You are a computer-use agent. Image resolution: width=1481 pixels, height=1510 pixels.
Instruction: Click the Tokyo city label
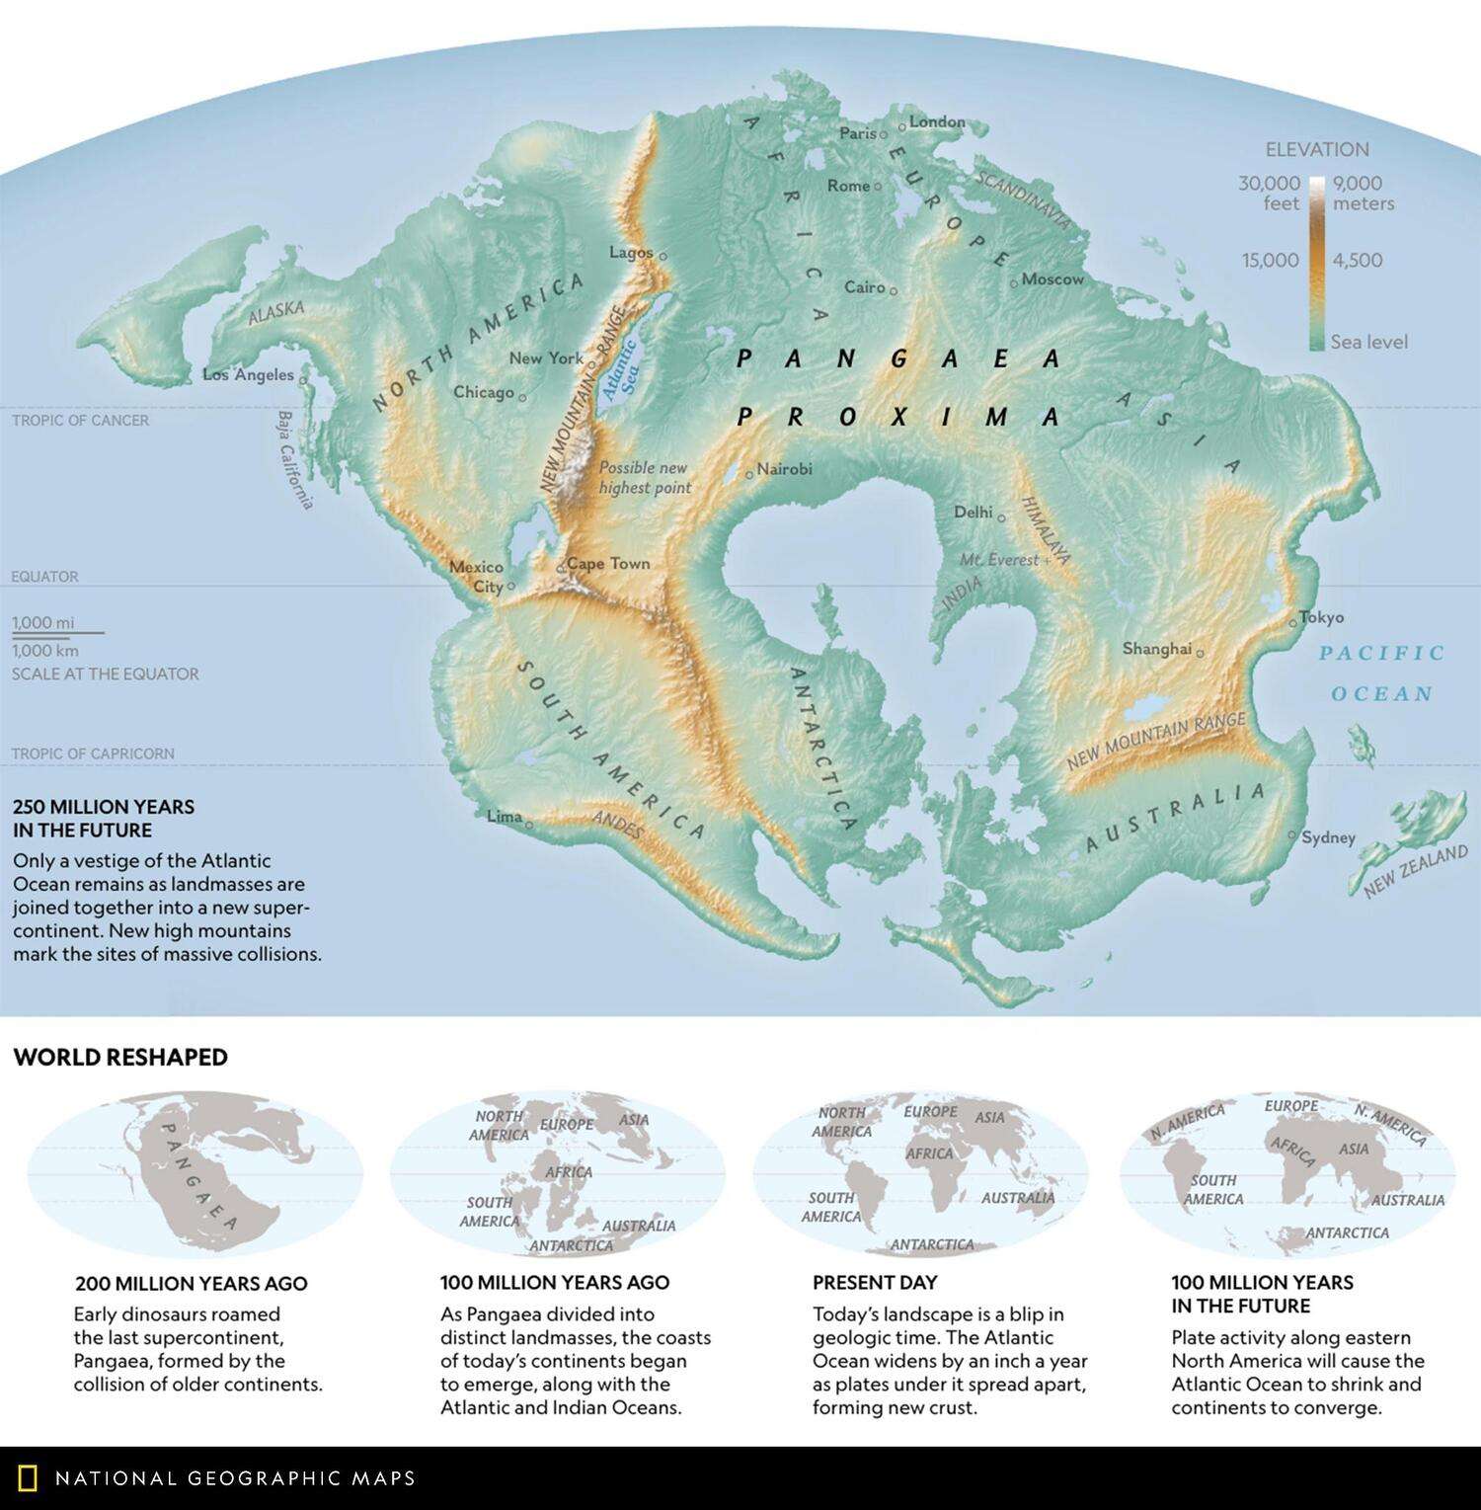pos(1322,617)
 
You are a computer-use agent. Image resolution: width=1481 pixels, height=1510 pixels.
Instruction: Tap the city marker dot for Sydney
pos(1292,834)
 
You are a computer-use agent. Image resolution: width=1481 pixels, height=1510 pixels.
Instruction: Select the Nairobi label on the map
pos(785,469)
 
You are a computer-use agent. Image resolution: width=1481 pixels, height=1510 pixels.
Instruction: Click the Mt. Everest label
pos(999,560)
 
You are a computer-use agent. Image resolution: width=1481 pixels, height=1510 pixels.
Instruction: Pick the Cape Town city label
pos(608,563)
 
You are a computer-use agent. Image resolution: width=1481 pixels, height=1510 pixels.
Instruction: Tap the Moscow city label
pos(1052,279)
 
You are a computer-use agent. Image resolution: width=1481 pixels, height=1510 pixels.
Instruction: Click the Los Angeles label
pos(248,374)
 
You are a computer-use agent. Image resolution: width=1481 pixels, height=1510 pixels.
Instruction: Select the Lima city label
pos(505,817)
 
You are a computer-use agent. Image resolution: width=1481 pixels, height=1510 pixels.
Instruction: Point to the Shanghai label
pos(1156,649)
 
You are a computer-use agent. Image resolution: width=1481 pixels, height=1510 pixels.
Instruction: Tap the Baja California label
pos(295,460)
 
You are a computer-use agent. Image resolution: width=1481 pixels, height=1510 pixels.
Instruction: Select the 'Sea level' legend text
pos(1368,342)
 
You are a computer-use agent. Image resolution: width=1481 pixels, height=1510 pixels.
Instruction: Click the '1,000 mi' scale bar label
pos(43,622)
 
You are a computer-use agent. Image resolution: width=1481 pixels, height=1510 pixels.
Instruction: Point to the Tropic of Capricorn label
pos(93,754)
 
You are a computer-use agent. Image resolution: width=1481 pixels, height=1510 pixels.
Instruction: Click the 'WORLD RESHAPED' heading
pos(120,1057)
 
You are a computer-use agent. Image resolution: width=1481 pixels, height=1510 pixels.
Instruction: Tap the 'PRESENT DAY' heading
pos(875,1282)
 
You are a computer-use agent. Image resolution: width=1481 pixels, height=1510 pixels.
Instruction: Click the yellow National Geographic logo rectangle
pos(29,1478)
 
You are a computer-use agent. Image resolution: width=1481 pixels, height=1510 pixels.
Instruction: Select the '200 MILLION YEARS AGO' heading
pos(192,1283)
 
